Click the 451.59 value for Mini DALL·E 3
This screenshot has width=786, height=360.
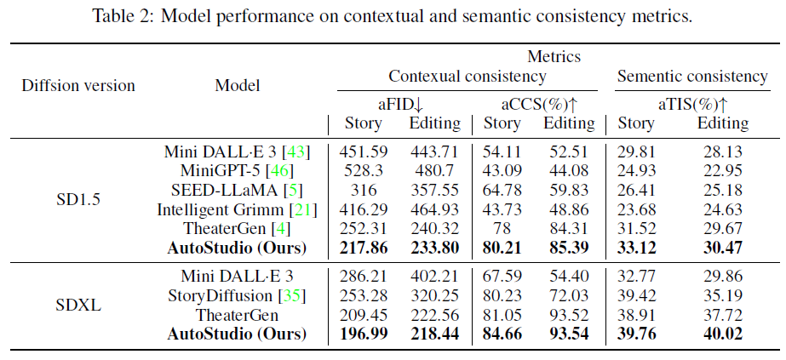point(364,151)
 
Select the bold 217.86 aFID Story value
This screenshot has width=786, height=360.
point(364,248)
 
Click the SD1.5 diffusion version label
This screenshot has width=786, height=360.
point(77,199)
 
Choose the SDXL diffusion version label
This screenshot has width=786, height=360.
point(77,305)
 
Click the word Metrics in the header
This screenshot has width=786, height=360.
point(554,57)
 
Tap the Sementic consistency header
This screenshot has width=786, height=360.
point(691,77)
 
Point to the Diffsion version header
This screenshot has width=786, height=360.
point(77,85)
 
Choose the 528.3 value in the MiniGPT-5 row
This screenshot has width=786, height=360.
point(364,171)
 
